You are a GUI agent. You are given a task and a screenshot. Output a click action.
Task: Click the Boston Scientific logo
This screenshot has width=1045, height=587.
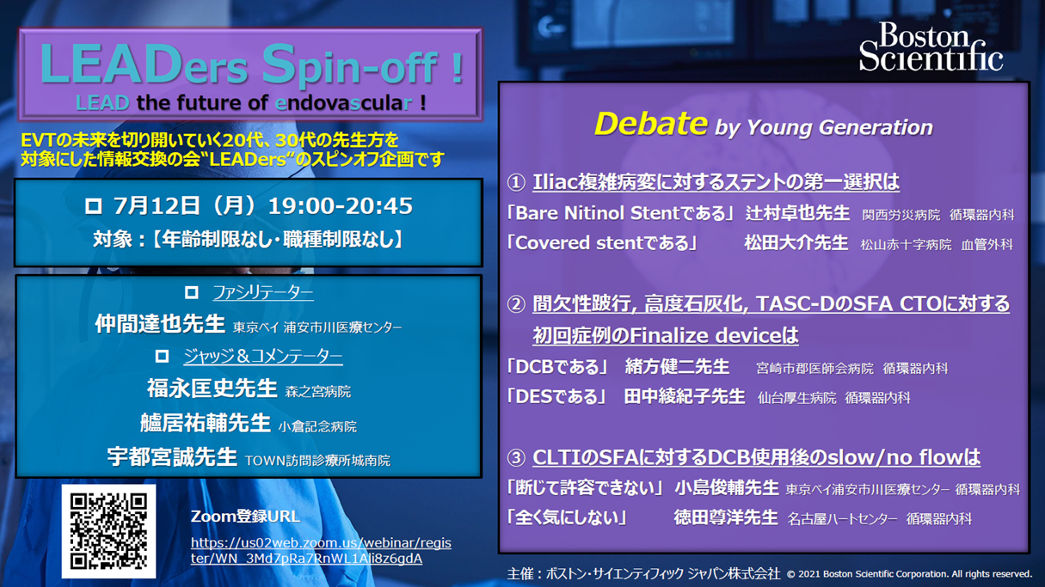pos(931,47)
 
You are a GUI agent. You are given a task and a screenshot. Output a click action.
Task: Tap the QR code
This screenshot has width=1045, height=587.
pos(108,531)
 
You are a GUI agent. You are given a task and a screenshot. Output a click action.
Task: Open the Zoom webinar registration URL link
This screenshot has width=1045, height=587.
pos(321,551)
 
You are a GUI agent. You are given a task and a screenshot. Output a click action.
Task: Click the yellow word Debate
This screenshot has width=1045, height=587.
pos(651,124)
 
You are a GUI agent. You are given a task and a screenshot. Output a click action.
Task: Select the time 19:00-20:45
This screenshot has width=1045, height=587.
pos(341,205)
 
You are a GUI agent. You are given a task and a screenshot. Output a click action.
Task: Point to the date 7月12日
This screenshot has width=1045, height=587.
pos(157,205)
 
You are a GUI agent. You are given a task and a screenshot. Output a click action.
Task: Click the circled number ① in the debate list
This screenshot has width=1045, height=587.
pos(516,182)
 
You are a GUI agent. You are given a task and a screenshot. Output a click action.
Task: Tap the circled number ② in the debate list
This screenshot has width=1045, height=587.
pos(516,304)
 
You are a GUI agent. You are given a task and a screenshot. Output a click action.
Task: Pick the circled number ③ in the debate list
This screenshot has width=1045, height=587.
pos(516,458)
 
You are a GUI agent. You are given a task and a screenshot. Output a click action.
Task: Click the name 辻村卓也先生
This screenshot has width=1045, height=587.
pos(797,213)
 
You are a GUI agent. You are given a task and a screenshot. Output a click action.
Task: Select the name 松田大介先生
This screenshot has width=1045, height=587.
pos(796,243)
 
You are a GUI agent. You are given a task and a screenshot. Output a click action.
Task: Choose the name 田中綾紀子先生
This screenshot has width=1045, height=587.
pos(685,396)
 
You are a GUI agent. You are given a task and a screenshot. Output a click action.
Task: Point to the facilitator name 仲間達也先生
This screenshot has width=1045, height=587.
pos(160,323)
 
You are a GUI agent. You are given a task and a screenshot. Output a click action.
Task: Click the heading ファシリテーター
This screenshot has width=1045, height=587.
pos(262,292)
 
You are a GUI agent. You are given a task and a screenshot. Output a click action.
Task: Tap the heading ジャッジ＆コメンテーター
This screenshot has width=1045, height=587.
pos(263,356)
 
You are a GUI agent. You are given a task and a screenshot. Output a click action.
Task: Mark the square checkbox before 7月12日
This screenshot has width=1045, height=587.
pos(93,206)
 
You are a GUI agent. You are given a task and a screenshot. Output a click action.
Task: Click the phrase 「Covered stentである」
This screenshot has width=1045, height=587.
pos(602,243)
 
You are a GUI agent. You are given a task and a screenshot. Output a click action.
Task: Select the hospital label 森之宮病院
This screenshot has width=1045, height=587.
pos(317,391)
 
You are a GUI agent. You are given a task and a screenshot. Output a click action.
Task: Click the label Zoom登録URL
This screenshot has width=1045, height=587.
pos(245,517)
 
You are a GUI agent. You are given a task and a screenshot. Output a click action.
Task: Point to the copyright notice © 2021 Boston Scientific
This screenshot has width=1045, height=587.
pos(909,574)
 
